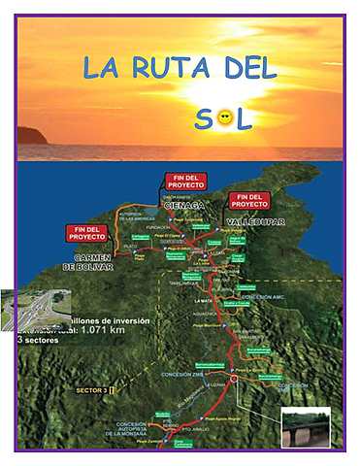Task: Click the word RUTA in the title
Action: point(168,68)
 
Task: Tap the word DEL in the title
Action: point(247,68)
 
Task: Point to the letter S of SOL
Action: point(203,118)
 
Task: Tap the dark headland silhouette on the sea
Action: point(31,136)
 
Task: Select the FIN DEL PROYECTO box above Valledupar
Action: point(249,201)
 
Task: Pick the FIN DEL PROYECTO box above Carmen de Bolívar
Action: point(88,233)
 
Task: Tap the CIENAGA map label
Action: point(182,205)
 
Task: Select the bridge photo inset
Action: point(305,427)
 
